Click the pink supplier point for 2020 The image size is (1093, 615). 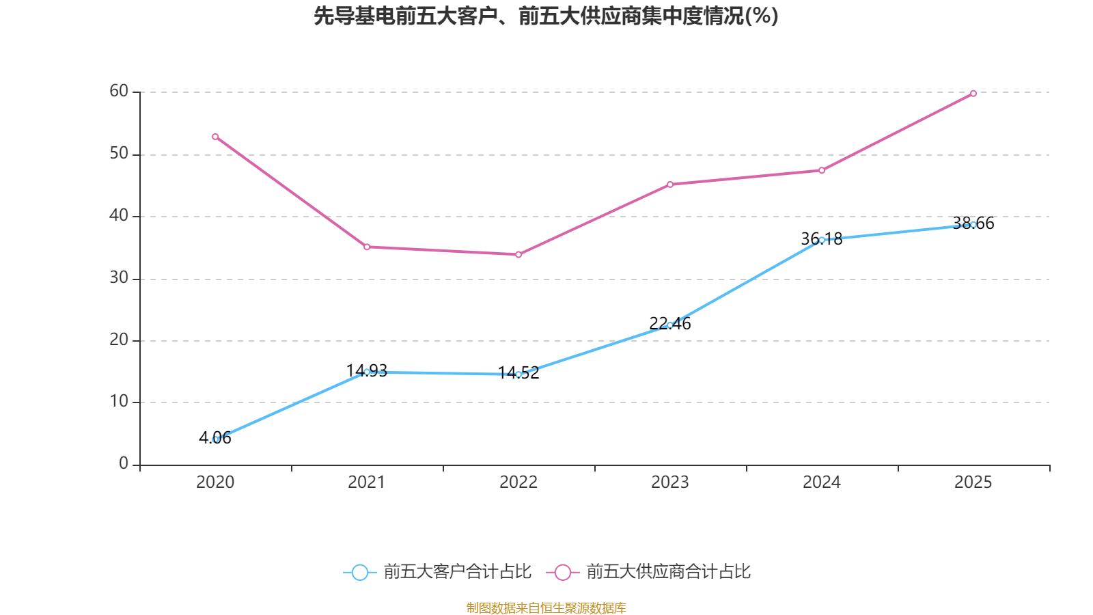(215, 137)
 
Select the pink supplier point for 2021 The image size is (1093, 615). (367, 247)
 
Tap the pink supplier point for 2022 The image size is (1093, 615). (518, 255)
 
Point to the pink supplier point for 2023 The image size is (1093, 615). (670, 184)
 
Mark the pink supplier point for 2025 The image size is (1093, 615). (973, 94)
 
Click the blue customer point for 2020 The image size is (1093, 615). (215, 439)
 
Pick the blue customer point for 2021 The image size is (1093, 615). (367, 372)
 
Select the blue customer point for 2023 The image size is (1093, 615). (670, 325)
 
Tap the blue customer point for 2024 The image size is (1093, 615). (822, 240)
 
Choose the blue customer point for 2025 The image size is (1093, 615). (973, 225)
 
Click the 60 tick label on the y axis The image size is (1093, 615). (119, 91)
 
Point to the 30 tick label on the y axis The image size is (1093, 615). (119, 277)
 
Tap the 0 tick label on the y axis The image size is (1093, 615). (124, 463)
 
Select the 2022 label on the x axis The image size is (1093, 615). (518, 482)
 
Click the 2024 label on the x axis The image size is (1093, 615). (822, 482)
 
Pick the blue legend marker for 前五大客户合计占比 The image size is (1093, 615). (359, 572)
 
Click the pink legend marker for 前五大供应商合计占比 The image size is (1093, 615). (563, 572)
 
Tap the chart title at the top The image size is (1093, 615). (546, 16)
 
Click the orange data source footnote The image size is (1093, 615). (546, 607)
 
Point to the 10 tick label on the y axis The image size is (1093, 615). (119, 401)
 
